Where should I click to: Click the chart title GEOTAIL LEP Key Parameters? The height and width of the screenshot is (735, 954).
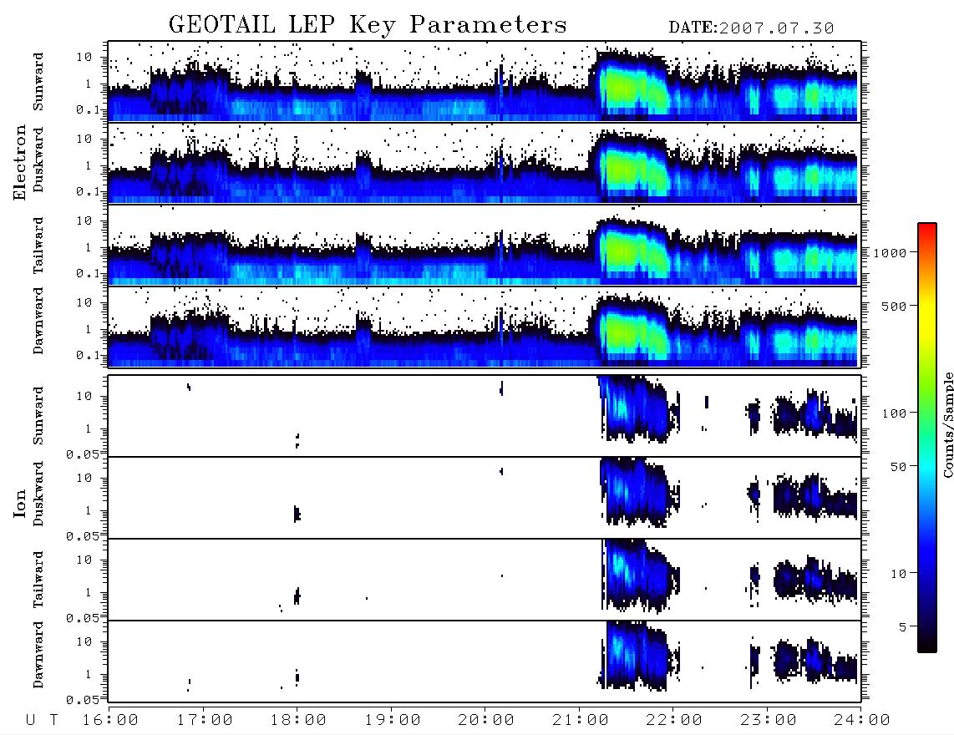[x=368, y=25]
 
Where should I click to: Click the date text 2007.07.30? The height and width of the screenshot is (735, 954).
[x=776, y=28]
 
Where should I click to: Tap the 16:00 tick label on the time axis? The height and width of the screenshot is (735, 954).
[x=110, y=721]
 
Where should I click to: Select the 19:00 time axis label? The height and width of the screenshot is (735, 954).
[x=393, y=721]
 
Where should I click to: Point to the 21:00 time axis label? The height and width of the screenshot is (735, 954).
[x=581, y=721]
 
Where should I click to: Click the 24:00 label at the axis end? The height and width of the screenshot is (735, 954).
[x=861, y=721]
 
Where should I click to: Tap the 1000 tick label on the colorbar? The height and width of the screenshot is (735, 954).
[x=891, y=253]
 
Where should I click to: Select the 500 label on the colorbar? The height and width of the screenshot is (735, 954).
[x=895, y=306]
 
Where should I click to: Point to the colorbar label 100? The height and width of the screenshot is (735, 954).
[x=895, y=413]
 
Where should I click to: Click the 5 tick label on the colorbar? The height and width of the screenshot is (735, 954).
[x=903, y=627]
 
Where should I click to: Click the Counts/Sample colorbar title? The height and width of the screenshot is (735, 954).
[x=948, y=424]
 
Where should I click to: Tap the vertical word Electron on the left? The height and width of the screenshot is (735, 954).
[x=19, y=162]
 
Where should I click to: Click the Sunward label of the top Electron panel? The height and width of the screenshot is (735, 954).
[x=38, y=82]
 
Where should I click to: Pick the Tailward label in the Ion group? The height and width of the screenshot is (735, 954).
[x=38, y=580]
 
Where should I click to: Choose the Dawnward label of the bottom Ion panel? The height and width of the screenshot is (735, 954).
[x=38, y=654]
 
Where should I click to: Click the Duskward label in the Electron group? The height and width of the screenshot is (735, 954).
[x=38, y=160]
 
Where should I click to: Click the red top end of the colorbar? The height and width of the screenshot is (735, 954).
[x=926, y=226]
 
